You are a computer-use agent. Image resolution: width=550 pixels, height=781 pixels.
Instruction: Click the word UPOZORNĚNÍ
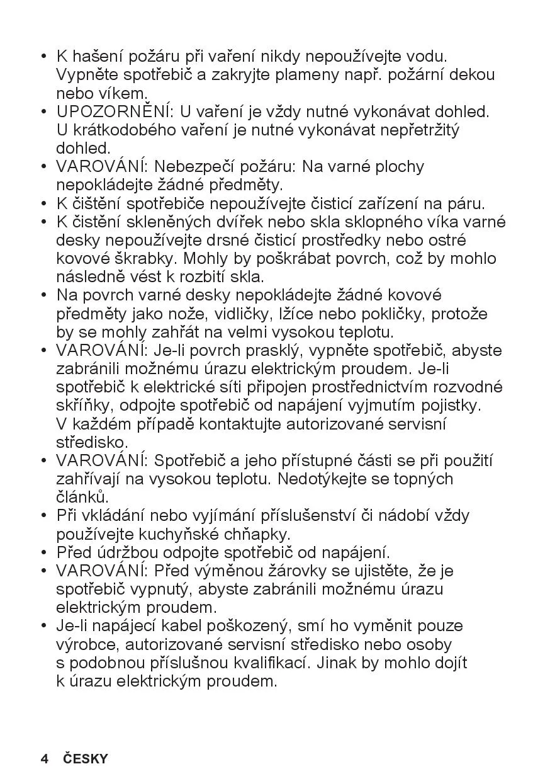click(x=114, y=112)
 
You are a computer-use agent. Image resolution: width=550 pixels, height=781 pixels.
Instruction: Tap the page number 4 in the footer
click(x=44, y=758)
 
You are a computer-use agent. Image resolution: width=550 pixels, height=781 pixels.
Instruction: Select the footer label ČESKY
click(x=86, y=758)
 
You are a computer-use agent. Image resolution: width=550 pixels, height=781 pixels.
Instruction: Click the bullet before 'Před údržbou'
click(x=44, y=553)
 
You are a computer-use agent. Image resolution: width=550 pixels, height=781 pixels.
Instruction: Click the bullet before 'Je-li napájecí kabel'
click(x=44, y=626)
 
